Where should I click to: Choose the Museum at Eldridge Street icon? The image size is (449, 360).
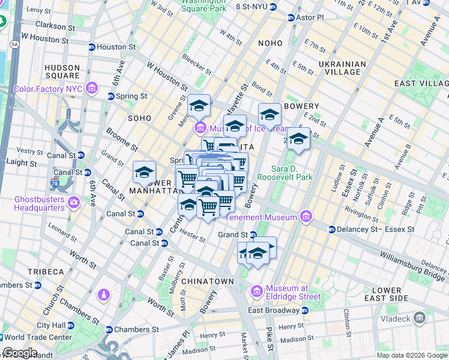point(257,291)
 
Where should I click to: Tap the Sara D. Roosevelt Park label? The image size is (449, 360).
point(285,173)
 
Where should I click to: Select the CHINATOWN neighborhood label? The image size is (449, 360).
point(207,281)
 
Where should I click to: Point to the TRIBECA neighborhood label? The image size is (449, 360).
point(44,271)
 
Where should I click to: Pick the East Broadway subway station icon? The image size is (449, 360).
point(304,311)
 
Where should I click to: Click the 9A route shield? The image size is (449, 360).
point(14,44)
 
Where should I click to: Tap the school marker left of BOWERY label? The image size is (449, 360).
point(270,113)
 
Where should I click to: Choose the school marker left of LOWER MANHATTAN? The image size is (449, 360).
point(144,172)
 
